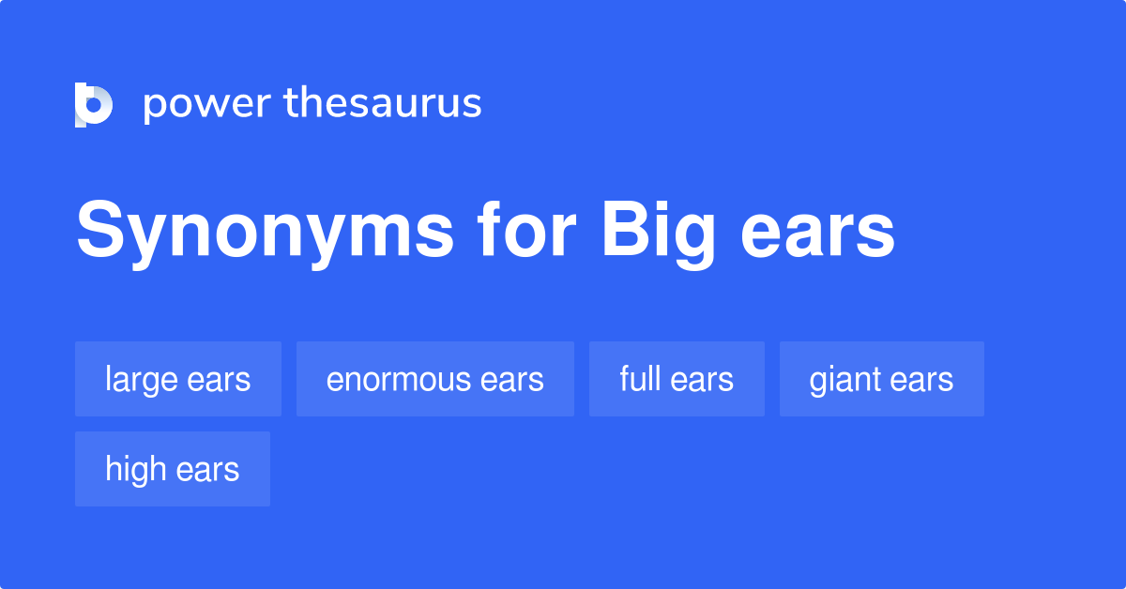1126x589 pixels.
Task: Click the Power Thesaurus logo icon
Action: click(x=94, y=104)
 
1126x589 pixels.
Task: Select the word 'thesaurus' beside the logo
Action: click(x=383, y=103)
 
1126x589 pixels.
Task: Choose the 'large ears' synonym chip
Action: click(x=178, y=379)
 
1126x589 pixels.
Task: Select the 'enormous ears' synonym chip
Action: click(x=435, y=379)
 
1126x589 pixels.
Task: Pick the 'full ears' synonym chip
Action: click(x=677, y=379)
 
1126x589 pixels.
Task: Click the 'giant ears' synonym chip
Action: click(x=882, y=379)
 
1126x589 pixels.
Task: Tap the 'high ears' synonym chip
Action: click(x=173, y=469)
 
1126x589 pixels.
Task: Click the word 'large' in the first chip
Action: click(x=141, y=380)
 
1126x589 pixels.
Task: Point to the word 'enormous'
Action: click(x=398, y=380)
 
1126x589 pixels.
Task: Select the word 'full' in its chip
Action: click(x=635, y=379)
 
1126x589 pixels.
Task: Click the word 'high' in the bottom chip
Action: click(x=135, y=469)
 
